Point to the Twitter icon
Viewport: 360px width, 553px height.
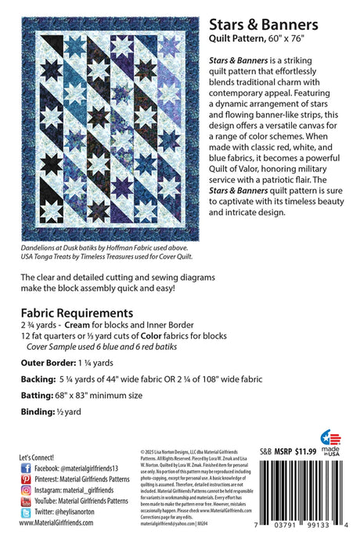25,512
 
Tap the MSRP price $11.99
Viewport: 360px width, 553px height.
298,451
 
